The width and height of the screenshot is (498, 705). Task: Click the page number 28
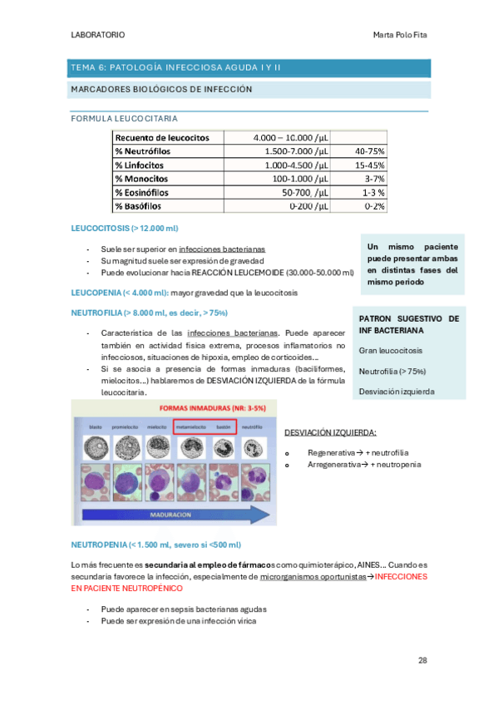(422, 660)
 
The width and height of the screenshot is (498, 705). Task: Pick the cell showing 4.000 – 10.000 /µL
(288, 137)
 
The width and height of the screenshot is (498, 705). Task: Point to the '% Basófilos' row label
(139, 206)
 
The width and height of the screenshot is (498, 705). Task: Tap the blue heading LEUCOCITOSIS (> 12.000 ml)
(125, 229)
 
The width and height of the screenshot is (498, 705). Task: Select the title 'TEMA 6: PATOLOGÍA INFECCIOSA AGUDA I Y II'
(176, 67)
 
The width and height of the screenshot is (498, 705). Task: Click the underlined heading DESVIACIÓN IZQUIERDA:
(330, 432)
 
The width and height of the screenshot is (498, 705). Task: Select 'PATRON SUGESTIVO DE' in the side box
(408, 319)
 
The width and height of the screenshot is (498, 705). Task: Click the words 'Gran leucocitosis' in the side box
(390, 351)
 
